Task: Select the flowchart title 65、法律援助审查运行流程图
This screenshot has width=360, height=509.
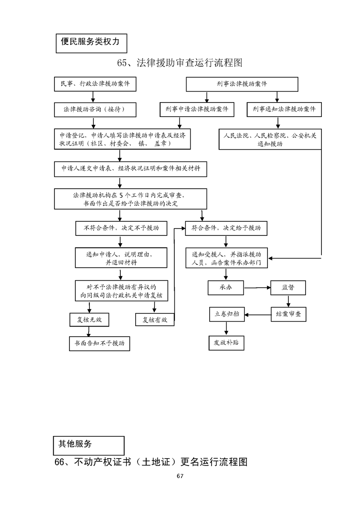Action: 180,63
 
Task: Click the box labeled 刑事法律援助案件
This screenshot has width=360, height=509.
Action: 242,84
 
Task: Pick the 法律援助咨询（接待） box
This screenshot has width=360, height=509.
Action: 94,109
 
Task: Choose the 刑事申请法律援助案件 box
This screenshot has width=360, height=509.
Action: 197,109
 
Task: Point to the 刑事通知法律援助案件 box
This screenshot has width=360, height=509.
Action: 284,109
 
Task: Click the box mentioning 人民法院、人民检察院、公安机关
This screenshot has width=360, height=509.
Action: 270,139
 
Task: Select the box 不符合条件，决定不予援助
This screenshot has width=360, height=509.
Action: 121,228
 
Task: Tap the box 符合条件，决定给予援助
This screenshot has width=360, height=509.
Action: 226,228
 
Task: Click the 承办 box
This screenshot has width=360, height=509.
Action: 226,287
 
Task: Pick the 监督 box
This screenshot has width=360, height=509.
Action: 287,287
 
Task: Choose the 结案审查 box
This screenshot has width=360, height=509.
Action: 288,314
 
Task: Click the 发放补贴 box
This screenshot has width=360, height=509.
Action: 226,343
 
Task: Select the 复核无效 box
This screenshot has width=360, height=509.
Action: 89,320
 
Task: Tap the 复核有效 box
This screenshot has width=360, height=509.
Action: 155,320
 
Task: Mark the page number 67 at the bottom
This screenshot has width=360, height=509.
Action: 180,476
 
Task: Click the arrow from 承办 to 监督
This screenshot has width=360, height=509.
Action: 257,288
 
